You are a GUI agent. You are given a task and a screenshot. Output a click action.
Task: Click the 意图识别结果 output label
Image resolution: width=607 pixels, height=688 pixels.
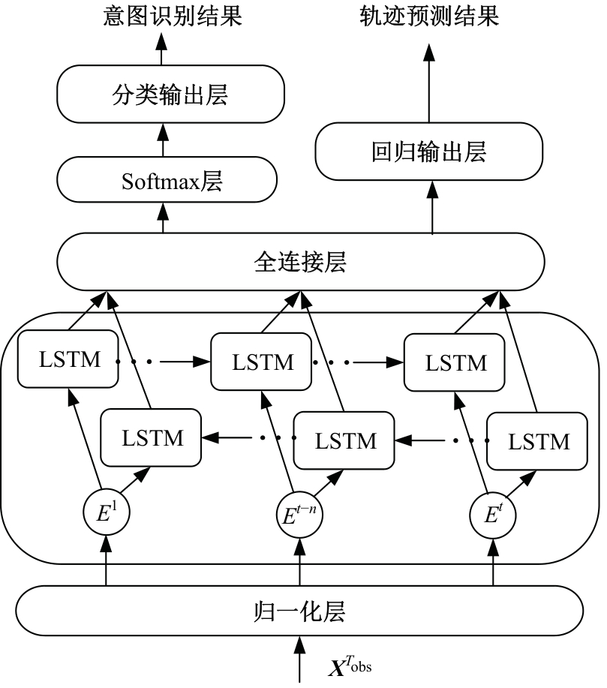tap(172, 17)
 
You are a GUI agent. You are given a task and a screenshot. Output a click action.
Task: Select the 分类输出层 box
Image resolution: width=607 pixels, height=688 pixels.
tap(172, 95)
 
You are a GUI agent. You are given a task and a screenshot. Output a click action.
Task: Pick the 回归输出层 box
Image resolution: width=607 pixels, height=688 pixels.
tap(428, 151)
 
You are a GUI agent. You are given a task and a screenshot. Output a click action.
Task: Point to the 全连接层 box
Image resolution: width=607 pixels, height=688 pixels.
tap(300, 262)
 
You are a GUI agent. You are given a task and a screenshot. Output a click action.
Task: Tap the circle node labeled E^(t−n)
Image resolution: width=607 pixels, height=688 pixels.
tap(300, 515)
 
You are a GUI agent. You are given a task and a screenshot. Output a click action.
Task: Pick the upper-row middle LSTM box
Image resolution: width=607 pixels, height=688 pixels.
tap(262, 363)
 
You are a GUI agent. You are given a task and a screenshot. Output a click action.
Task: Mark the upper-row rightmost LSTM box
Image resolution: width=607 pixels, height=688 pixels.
tap(455, 363)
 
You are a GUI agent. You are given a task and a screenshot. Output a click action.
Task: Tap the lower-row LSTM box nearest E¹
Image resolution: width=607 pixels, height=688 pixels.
tap(152, 437)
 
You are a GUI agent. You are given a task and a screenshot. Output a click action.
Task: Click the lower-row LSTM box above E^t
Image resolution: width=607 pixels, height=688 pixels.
tap(539, 440)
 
